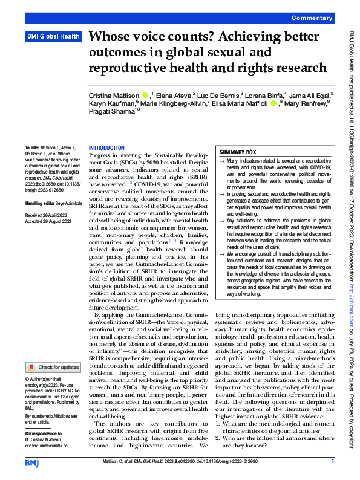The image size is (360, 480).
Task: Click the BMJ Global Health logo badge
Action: click(53, 36)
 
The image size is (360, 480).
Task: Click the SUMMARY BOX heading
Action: click(238, 152)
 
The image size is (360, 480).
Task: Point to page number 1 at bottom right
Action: click(332, 461)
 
